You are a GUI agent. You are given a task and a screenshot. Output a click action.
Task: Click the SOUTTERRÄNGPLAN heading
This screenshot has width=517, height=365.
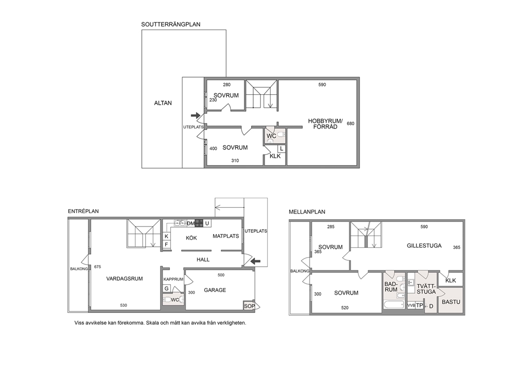pyautogui.click(x=170, y=24)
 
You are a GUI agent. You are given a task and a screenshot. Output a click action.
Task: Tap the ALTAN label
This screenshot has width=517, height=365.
pyautogui.click(x=163, y=103)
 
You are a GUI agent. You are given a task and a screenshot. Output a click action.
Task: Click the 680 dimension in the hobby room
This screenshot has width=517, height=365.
pyautogui.click(x=351, y=123)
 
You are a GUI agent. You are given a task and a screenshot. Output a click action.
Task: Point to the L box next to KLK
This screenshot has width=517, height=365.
pyautogui.click(x=281, y=149)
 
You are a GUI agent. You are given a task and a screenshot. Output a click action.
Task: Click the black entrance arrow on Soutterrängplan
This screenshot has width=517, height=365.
pyautogui.click(x=195, y=115)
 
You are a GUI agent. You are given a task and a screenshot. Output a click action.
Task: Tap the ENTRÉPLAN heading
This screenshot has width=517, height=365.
pyautogui.click(x=83, y=211)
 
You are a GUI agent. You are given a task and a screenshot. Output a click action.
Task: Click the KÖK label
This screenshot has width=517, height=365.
pyautogui.click(x=191, y=238)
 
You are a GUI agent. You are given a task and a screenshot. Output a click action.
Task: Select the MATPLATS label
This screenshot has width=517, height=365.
pyautogui.click(x=226, y=236)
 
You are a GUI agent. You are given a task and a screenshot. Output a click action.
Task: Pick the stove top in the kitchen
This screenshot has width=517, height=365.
pyautogui.click(x=199, y=223)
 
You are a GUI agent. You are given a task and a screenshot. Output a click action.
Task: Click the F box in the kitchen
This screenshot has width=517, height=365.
pyautogui.click(x=166, y=244)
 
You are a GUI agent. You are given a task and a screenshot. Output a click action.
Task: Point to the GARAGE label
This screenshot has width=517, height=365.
pyautogui.click(x=215, y=290)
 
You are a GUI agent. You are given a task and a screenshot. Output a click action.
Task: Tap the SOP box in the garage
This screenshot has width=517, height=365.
pyautogui.click(x=249, y=306)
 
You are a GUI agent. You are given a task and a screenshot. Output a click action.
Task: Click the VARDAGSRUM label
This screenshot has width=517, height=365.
pyautogui.click(x=125, y=279)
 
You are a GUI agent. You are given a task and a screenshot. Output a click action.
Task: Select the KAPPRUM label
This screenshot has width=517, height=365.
pyautogui.click(x=174, y=280)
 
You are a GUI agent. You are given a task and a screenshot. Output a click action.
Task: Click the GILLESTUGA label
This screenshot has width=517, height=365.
pyautogui.click(x=424, y=246)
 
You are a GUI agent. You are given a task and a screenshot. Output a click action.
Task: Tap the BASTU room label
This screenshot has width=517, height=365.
pyautogui.click(x=451, y=302)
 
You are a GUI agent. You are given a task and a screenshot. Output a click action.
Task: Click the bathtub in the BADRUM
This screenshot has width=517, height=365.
pyautogui.click(x=394, y=305)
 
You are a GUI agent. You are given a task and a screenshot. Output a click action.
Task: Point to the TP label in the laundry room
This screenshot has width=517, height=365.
pyautogui.click(x=420, y=305)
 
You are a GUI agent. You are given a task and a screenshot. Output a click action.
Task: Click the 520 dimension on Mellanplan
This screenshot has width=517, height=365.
pyautogui.click(x=344, y=308)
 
